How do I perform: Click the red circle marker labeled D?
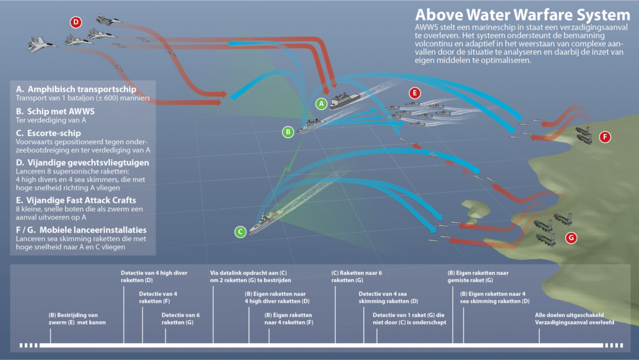(x=76, y=22)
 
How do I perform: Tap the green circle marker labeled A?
(x=321, y=104)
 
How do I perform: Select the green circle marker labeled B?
(x=288, y=132)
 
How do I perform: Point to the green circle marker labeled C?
(x=240, y=231)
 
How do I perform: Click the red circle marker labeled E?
(x=415, y=93)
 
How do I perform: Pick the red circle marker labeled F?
(x=605, y=137)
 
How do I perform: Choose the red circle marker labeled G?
(x=572, y=238)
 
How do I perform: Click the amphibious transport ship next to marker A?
(x=344, y=100)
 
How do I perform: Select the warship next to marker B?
(x=311, y=126)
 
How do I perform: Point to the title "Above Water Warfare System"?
(x=522, y=15)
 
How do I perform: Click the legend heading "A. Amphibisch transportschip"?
(x=76, y=89)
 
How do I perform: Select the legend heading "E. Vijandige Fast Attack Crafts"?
(x=76, y=200)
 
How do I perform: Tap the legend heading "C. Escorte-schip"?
(x=49, y=133)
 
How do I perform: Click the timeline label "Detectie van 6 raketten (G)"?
(x=180, y=318)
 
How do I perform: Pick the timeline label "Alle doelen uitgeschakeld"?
(x=569, y=315)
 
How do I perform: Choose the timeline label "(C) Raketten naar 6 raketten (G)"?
(x=356, y=276)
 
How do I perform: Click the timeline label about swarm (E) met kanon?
(x=77, y=318)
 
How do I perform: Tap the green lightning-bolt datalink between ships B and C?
(x=290, y=163)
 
